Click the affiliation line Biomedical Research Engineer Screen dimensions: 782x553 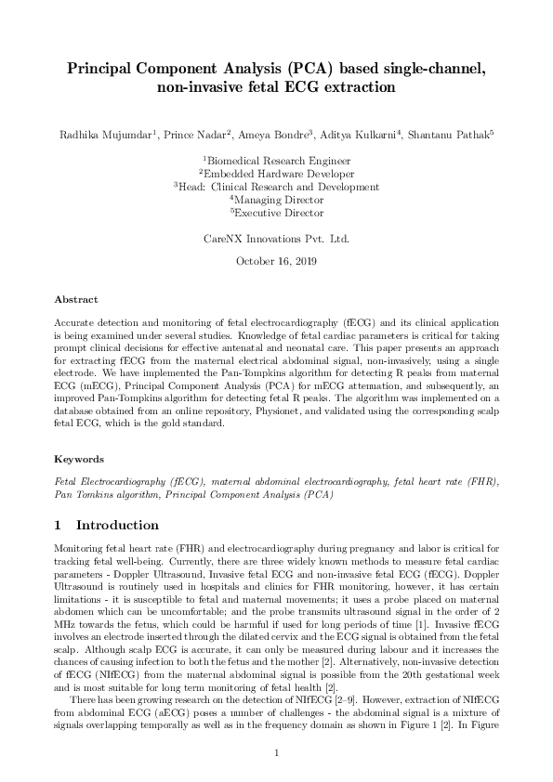pos(277,161)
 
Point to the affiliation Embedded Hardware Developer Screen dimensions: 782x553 pos(277,174)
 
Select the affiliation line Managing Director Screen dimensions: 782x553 pos(277,200)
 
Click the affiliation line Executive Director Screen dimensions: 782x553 pos(277,213)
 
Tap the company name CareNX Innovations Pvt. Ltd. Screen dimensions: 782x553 pos(276,239)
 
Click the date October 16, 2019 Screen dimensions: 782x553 pos(276,261)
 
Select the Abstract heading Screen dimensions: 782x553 pos(76,300)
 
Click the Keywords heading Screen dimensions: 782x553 pos(79,459)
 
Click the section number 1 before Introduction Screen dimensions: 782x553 pos(59,526)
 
